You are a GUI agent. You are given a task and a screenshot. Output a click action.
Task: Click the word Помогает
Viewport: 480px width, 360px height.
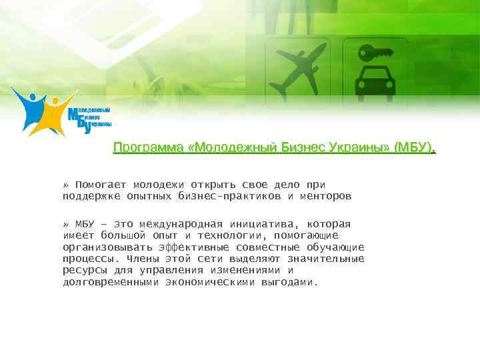[101, 185]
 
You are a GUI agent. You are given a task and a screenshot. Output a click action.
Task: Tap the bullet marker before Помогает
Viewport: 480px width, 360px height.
[65, 185]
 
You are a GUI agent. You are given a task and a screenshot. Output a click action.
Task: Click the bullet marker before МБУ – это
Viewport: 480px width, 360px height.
[65, 224]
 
